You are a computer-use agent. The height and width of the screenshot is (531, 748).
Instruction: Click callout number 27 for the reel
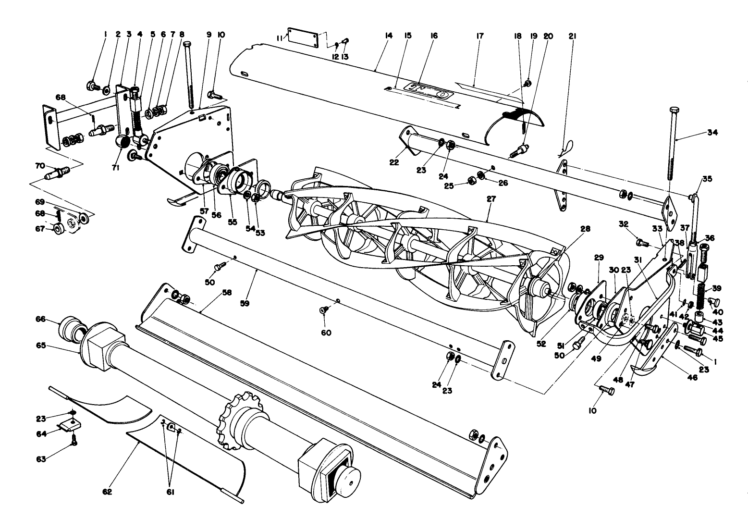tap(491, 198)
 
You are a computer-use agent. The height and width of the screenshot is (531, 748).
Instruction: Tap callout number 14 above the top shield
tap(389, 36)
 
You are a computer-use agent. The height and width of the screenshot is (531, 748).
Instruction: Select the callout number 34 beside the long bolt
tap(712, 133)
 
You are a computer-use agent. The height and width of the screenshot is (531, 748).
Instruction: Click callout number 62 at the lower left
tap(107, 492)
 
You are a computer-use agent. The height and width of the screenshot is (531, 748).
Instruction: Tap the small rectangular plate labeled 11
tap(303, 37)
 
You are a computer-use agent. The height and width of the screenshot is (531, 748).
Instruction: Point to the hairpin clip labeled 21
tap(567, 148)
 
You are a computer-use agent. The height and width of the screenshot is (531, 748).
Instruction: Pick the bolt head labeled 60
tap(324, 310)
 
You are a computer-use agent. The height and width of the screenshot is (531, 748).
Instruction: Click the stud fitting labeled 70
tap(58, 172)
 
